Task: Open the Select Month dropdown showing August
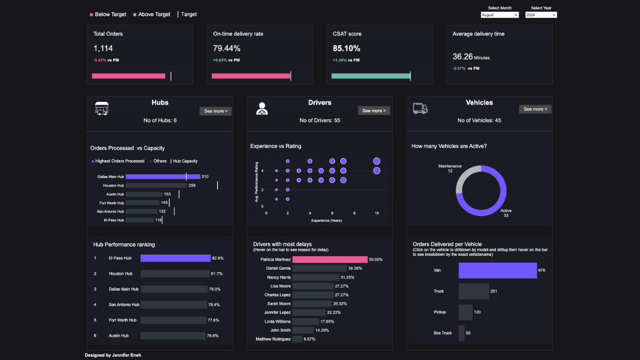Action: [499, 15]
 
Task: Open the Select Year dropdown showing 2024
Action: [541, 15]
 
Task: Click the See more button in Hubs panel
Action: [215, 111]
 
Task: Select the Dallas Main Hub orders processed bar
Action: [163, 177]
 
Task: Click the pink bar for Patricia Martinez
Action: [330, 259]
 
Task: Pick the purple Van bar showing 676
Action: [497, 270]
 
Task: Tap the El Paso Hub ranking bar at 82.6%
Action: [175, 258]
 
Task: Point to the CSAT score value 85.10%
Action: [346, 49]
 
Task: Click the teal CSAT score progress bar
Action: [371, 76]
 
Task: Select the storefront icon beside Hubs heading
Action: [102, 108]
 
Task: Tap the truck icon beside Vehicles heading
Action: [420, 109]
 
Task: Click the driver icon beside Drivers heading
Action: [262, 109]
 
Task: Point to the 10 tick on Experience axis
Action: [377, 213]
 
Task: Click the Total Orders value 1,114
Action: [103, 49]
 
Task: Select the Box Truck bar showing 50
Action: [461, 333]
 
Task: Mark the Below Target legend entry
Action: [108, 14]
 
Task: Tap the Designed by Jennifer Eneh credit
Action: [113, 355]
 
